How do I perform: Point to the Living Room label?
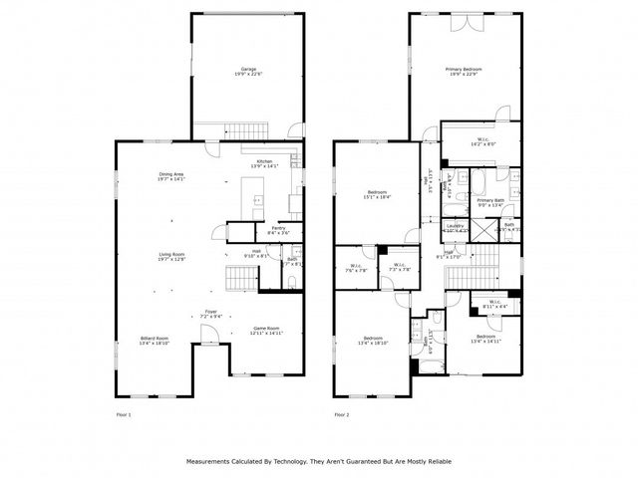pos(171,256)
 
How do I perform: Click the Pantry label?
pos(265,229)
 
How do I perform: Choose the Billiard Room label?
pos(155,339)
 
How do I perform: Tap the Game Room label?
pos(265,330)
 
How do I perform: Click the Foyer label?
pos(211,313)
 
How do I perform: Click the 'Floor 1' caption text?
pos(124,413)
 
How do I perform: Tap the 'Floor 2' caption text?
pos(342,413)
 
